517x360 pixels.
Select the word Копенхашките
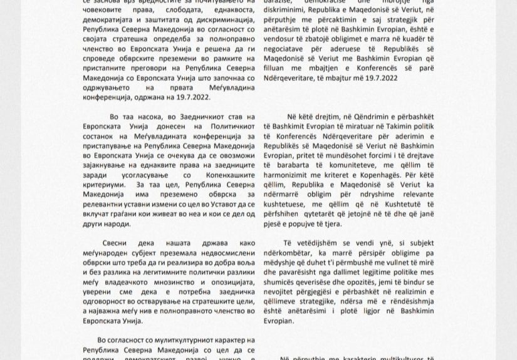(x=226, y=175)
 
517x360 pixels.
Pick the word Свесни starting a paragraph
(x=114, y=243)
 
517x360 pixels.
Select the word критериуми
(x=104, y=185)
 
